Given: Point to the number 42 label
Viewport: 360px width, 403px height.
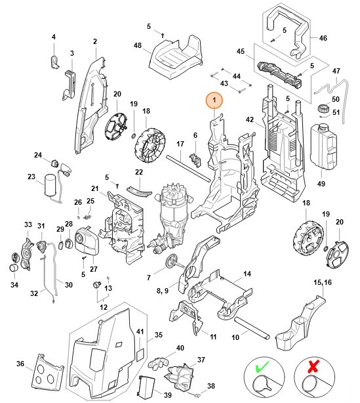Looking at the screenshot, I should [x=249, y=119].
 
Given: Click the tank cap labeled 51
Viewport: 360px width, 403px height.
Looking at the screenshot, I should [x=322, y=109].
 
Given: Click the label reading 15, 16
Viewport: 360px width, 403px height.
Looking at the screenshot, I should [x=322, y=282].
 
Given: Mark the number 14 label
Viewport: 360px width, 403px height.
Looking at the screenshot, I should [x=247, y=274].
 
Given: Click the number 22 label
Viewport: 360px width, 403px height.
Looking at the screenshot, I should [x=138, y=172].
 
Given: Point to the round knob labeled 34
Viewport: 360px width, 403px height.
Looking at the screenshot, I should [x=13, y=268].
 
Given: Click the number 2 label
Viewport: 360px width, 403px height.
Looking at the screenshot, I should [x=94, y=42].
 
